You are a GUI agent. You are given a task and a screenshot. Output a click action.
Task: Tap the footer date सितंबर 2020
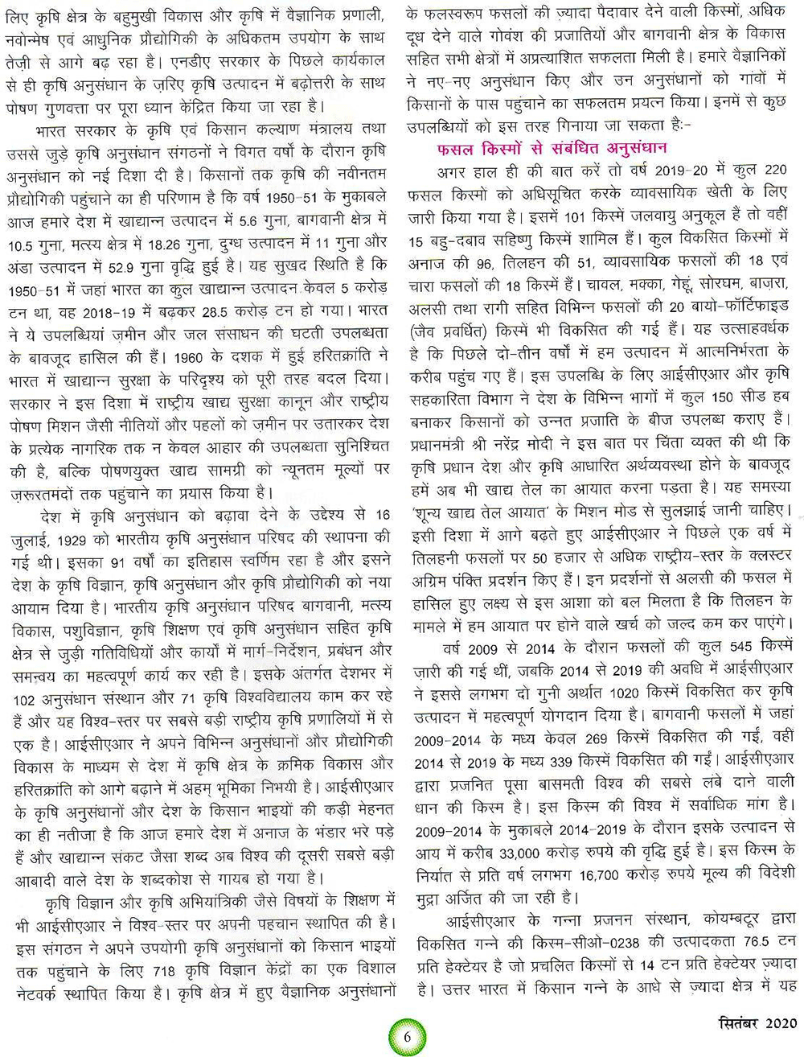click(757, 1023)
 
